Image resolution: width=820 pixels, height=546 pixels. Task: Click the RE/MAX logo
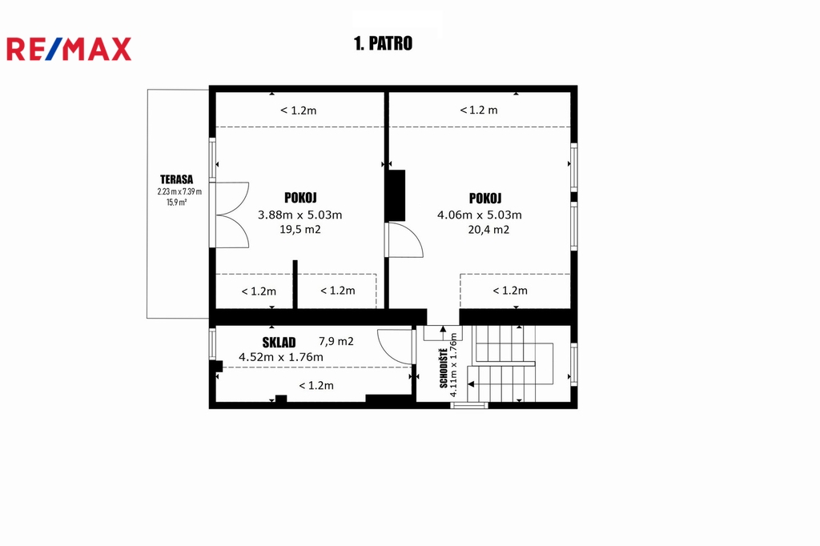pos(69,49)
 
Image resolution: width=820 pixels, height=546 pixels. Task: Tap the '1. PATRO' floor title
pos(383,43)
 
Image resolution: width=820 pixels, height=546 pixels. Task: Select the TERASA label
pos(177,179)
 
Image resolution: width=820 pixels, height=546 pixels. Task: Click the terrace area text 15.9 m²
pos(177,203)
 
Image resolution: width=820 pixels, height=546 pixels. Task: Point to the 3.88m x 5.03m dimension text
pos(299,215)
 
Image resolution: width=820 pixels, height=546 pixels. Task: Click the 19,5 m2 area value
pos(300,230)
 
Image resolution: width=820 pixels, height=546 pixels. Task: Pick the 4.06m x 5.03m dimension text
pos(480,215)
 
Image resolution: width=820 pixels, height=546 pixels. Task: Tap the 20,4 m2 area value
pos(488,230)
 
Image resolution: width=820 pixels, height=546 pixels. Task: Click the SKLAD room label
pos(279,343)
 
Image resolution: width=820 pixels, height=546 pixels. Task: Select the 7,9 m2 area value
pos(336,342)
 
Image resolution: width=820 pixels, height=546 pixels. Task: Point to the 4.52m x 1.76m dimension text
pos(281,357)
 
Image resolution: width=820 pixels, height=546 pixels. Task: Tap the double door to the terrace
pos(230,215)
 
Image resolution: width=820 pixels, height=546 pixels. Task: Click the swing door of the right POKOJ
pos(404,240)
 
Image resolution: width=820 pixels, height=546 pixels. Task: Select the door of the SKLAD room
pos(396,346)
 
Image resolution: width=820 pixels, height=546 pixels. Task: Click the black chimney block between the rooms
pos(396,195)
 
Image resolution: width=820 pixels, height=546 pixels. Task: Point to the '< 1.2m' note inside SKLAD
pos(316,386)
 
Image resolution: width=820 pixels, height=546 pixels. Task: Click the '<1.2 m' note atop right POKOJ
pos(479,110)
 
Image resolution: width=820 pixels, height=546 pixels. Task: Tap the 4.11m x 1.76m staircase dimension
pos(454,364)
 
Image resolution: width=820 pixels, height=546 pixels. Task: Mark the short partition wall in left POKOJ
pos(295,284)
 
